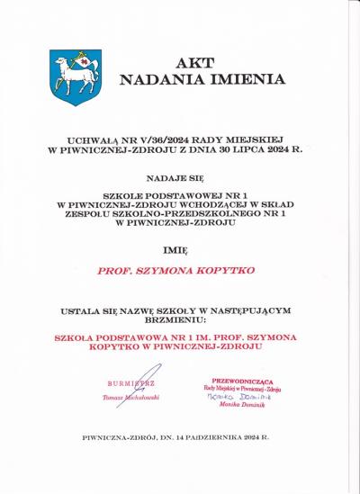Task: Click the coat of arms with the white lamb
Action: pos(76,76)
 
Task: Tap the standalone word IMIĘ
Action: pos(179,247)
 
